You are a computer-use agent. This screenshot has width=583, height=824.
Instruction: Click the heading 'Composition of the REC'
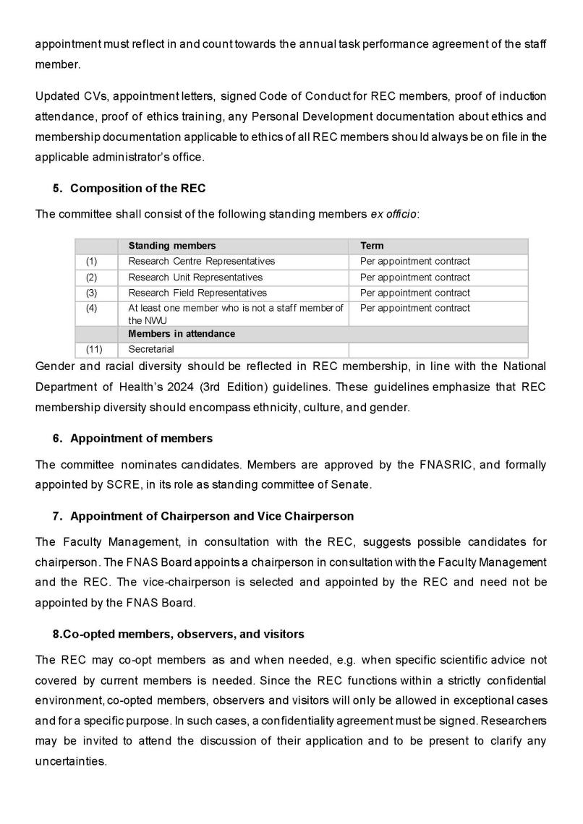[137, 189]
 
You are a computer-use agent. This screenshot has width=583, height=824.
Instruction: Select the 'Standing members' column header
[171, 246]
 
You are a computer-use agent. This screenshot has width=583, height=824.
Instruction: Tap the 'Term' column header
[372, 246]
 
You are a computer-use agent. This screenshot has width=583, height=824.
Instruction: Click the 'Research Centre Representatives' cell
[201, 261]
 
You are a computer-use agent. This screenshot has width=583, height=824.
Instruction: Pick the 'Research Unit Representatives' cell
[195, 277]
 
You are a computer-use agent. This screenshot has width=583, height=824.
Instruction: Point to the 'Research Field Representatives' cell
[197, 293]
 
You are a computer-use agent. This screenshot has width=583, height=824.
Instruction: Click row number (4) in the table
[91, 308]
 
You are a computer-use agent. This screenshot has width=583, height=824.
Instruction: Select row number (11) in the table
[93, 349]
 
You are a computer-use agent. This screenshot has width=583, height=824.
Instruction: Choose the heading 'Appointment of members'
[141, 438]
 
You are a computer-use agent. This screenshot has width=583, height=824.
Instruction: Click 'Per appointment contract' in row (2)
[414, 277]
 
